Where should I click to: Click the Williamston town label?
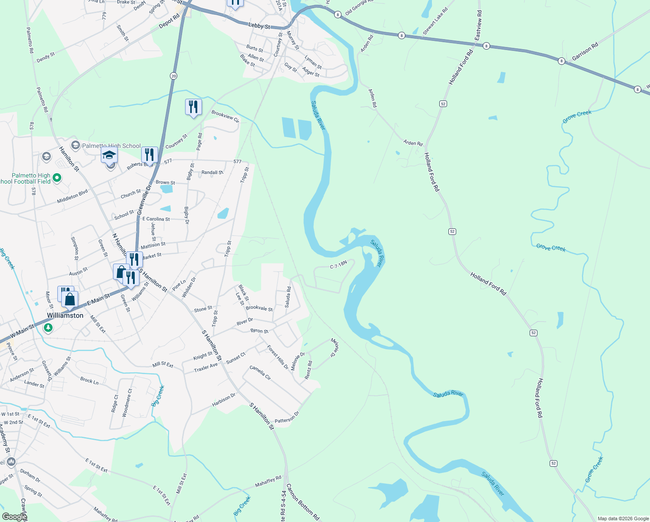65,315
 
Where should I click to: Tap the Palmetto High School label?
111,146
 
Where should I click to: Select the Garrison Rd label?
585,51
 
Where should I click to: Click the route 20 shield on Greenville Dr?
174,76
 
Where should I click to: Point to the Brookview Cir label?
225,116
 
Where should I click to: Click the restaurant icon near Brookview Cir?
193,107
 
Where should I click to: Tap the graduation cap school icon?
109,155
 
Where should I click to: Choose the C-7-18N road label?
338,265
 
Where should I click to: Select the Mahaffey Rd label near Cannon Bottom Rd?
268,481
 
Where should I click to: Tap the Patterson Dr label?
287,418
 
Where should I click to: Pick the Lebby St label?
259,26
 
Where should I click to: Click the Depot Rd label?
169,22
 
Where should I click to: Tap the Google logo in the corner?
14,517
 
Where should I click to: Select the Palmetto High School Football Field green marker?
56,177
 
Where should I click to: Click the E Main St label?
99,299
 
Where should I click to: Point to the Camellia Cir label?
260,373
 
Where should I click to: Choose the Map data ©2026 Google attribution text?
623,519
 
